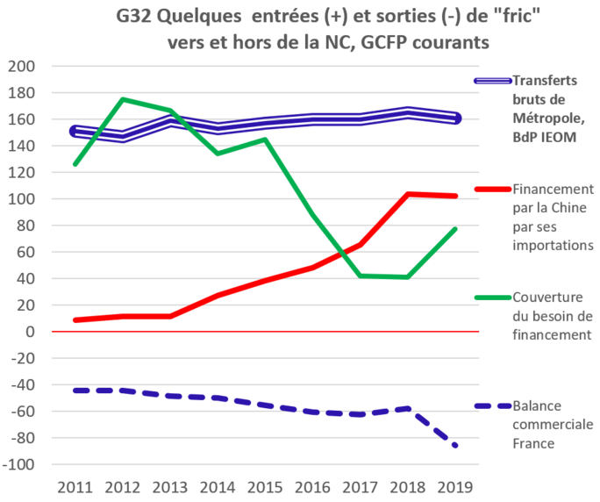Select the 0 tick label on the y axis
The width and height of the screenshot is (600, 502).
(30, 332)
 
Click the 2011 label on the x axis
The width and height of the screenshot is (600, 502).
(76, 485)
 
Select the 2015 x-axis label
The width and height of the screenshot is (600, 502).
(266, 485)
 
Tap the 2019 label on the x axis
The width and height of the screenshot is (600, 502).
(455, 485)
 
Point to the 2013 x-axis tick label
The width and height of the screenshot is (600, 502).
(171, 485)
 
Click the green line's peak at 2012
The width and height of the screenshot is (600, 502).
(124, 99)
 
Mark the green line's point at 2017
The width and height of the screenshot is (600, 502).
(361, 276)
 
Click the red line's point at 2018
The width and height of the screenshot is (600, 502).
(408, 193)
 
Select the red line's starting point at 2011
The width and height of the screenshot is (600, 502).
(76, 320)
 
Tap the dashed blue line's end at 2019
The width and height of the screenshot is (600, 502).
(455, 446)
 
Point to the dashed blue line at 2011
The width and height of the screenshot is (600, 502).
(76, 390)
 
